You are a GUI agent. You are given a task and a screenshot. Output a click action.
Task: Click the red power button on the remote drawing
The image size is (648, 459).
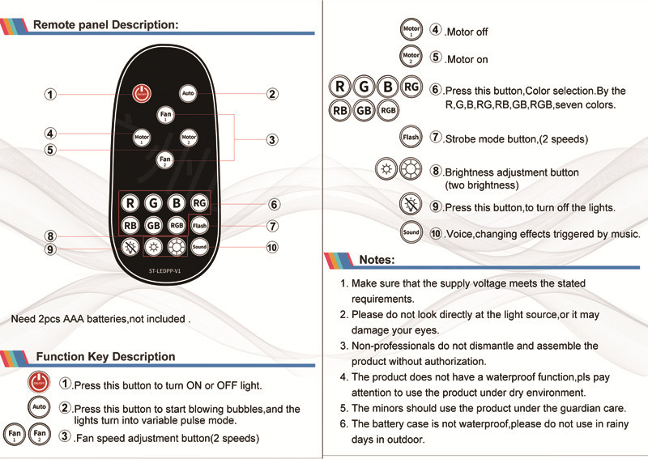[142, 93]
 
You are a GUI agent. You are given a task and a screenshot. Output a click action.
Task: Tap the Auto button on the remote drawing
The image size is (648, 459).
[188, 93]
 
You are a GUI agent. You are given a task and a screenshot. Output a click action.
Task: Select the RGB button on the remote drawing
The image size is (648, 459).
[177, 225]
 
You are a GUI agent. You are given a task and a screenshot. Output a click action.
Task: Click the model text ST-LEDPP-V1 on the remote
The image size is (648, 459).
[164, 271]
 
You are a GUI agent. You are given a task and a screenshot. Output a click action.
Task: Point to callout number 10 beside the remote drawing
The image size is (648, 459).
[272, 246]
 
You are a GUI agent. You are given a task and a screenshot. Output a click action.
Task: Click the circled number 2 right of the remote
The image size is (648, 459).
[273, 94]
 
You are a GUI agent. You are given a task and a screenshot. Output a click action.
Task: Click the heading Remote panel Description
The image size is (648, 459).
[105, 24]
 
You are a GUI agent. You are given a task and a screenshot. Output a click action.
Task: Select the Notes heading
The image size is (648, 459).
[377, 260]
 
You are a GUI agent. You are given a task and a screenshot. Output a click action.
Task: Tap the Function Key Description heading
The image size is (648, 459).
[106, 357]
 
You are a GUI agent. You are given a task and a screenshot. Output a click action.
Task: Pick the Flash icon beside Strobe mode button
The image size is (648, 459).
[411, 138]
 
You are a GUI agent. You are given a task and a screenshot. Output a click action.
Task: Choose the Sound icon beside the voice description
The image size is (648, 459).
[411, 232]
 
